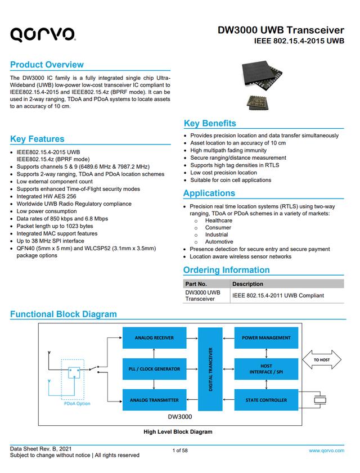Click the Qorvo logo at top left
pyautogui.click(x=43, y=35)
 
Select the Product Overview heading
pyautogui.click(x=47, y=64)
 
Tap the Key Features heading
pyautogui.click(x=37, y=139)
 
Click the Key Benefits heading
pyautogui.click(x=210, y=123)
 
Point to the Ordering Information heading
pyautogui.click(x=226, y=270)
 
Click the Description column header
pyautogui.click(x=247, y=284)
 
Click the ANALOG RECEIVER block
pyautogui.click(x=154, y=338)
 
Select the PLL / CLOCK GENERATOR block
pyautogui.click(x=154, y=369)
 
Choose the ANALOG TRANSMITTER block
pyautogui.click(x=154, y=400)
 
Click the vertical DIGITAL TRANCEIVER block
pyautogui.click(x=211, y=369)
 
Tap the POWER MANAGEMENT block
pyautogui.click(x=266, y=338)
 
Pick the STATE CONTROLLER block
pyautogui.click(x=266, y=400)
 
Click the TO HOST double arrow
pyautogui.click(x=322, y=359)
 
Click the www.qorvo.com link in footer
pyautogui.click(x=326, y=451)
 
